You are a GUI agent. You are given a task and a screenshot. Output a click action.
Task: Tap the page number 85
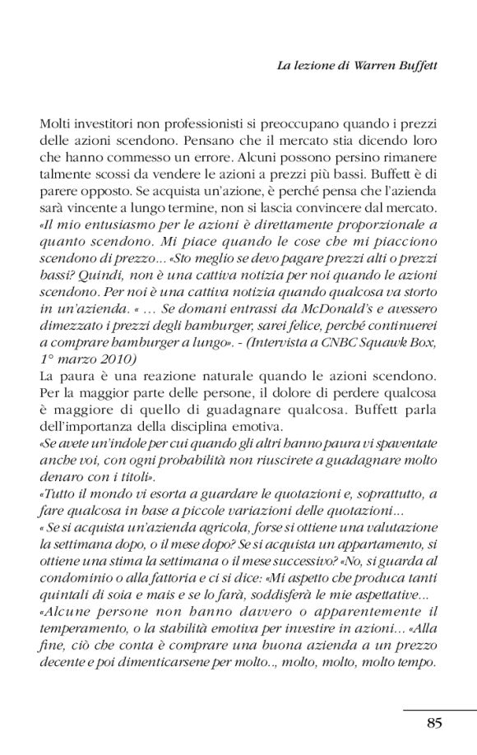click(x=435, y=722)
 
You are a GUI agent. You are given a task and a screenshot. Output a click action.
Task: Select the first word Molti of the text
click(x=55, y=123)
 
